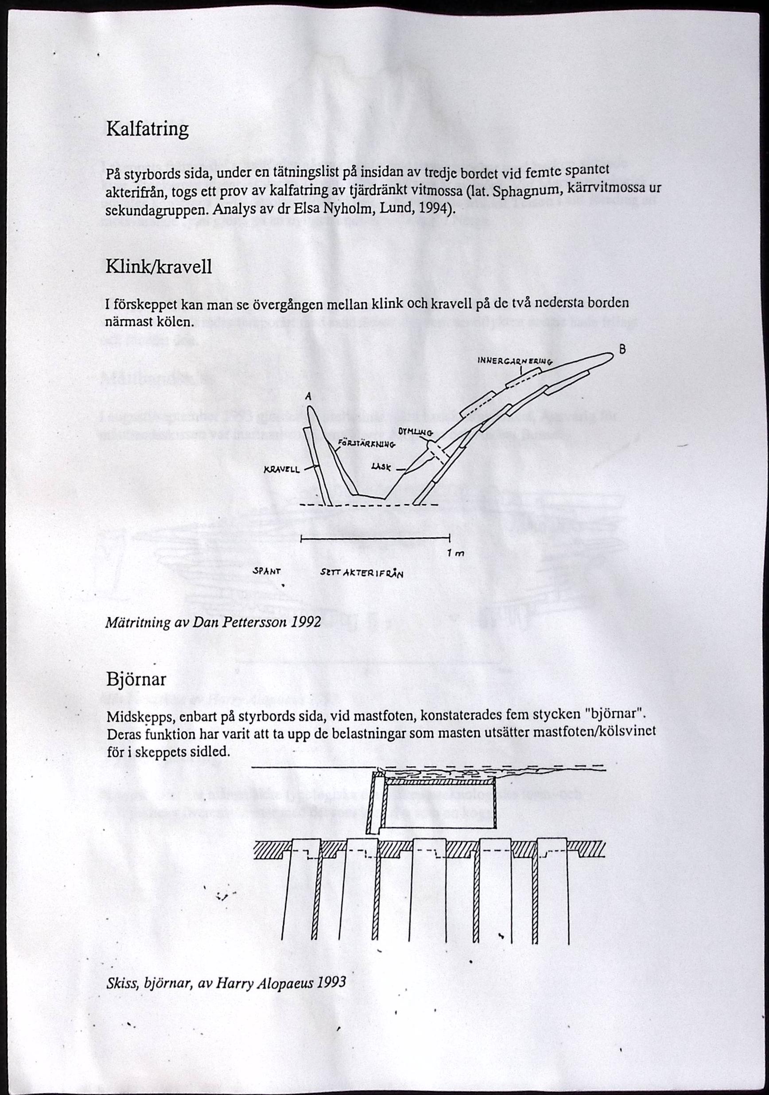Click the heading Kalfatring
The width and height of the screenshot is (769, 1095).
[x=147, y=129]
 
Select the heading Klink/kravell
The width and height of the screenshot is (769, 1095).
[x=159, y=267]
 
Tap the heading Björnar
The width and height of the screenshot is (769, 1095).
[x=136, y=679]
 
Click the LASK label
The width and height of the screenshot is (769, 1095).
[x=381, y=468]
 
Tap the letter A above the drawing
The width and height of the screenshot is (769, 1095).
[x=308, y=396]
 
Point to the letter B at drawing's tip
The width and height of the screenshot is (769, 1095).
[x=622, y=350]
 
